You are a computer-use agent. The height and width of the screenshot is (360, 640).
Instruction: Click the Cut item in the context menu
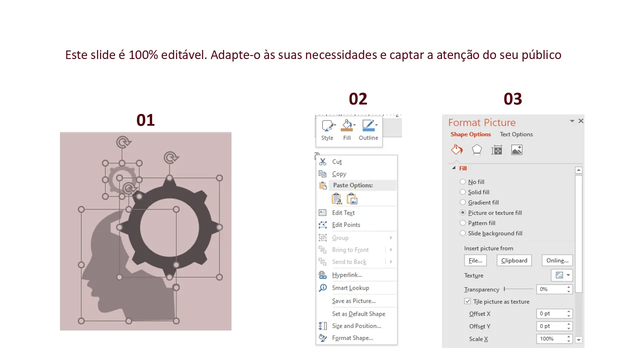point(336,161)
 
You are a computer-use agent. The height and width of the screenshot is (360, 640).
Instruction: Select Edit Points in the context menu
point(345,225)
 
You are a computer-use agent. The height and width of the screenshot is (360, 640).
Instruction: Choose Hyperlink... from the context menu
point(347,275)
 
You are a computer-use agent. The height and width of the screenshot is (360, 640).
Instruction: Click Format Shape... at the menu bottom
point(352,338)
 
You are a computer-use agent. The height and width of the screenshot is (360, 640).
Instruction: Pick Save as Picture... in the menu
point(353,301)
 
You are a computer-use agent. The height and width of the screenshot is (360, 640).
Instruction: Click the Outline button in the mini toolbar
point(368,130)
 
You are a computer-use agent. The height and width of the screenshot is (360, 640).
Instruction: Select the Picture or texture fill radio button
point(462,212)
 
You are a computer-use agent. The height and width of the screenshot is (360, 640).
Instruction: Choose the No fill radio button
point(462,181)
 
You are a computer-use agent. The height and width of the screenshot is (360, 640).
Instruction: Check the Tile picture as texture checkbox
point(467,301)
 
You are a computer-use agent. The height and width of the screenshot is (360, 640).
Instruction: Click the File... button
point(475,260)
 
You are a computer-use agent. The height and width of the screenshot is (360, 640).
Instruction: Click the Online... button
point(557,260)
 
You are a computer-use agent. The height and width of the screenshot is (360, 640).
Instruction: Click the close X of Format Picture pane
point(581,121)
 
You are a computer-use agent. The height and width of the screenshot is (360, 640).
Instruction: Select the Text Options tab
point(516,134)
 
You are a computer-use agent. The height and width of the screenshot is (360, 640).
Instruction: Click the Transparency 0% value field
point(551,289)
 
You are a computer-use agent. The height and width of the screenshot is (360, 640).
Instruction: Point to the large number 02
point(358,99)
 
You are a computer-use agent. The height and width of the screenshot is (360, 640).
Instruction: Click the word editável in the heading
point(184,55)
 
